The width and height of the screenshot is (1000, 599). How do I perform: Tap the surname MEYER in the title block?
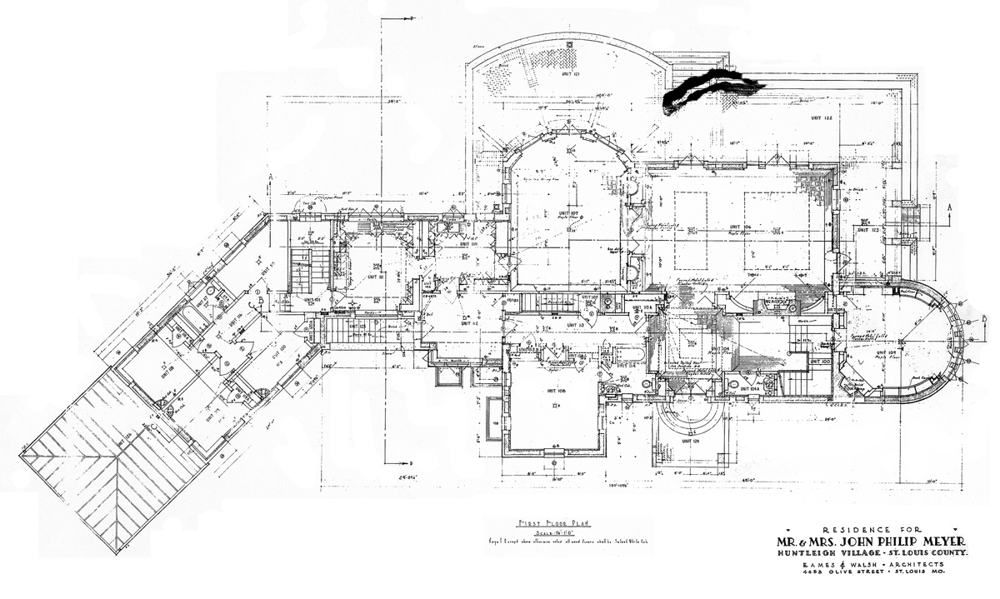925,542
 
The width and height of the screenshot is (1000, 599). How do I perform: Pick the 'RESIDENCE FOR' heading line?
872,529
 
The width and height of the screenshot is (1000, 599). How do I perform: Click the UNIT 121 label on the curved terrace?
569,74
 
